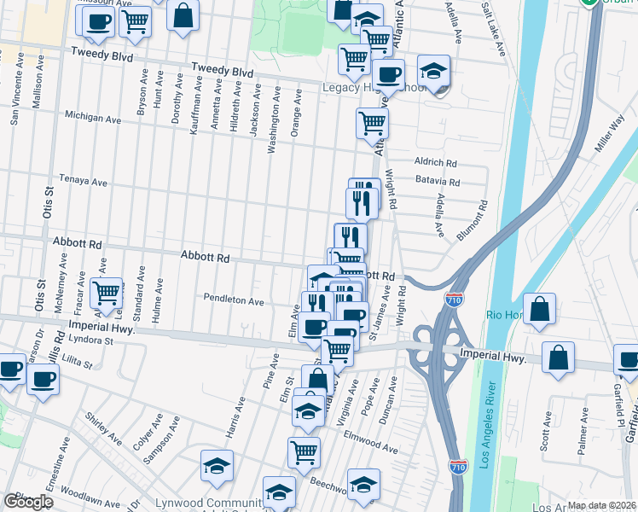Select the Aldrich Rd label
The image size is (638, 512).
point(436,162)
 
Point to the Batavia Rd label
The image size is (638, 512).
point(438,182)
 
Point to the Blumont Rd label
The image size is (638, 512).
point(471,220)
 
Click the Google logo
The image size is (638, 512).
point(28,502)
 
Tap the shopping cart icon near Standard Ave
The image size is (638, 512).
point(107,293)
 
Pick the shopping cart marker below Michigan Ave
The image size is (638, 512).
point(372,124)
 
